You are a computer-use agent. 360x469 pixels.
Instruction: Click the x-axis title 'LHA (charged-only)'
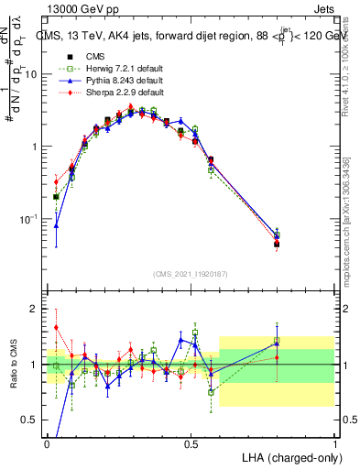click(286, 456)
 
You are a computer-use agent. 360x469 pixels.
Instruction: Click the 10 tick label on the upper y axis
click(30, 74)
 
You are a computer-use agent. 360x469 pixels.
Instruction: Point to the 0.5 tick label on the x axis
click(191, 442)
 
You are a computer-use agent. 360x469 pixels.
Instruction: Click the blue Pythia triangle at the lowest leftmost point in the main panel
click(56, 225)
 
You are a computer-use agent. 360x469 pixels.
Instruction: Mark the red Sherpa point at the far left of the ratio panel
click(56, 327)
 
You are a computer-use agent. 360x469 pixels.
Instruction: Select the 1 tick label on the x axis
click(335, 442)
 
